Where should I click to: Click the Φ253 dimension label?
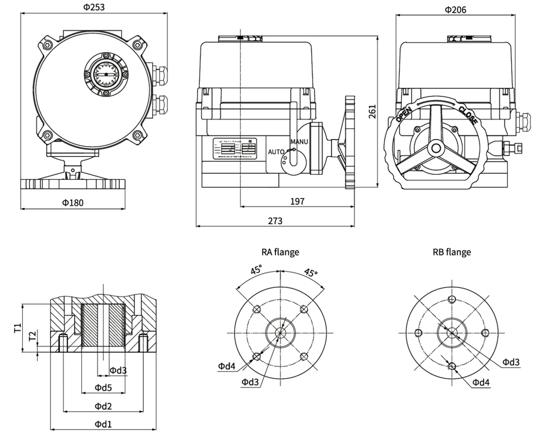94,8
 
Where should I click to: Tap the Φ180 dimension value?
73,202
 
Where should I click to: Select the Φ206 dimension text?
455,9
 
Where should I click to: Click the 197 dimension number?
297,201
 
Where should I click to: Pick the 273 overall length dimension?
275,220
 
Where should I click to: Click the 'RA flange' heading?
280,252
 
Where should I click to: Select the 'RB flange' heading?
452,252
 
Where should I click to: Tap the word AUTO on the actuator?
277,152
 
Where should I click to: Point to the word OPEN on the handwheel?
403,116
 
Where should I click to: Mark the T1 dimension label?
17,327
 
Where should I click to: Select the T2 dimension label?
32,336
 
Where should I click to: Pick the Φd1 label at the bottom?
103,424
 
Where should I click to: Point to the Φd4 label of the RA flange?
227,367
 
